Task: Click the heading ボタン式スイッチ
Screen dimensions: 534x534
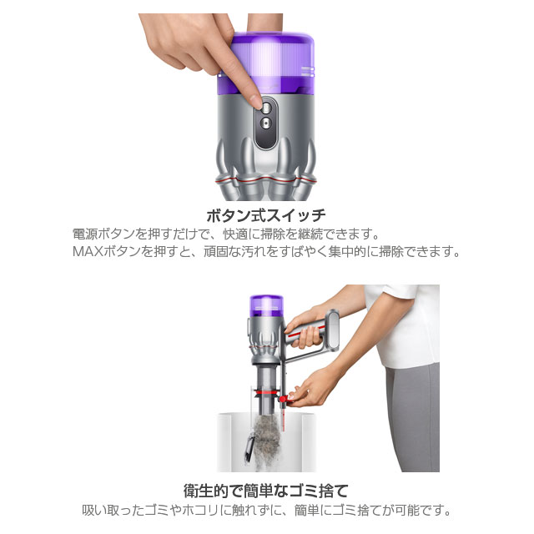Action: (x=266, y=214)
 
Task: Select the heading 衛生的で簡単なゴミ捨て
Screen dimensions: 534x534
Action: (x=267, y=490)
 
